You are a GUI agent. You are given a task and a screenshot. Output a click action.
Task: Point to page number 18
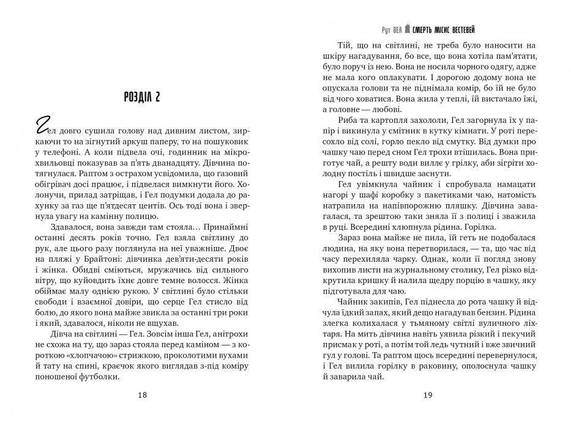(142, 396)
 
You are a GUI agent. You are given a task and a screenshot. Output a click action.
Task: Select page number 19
(428, 396)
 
